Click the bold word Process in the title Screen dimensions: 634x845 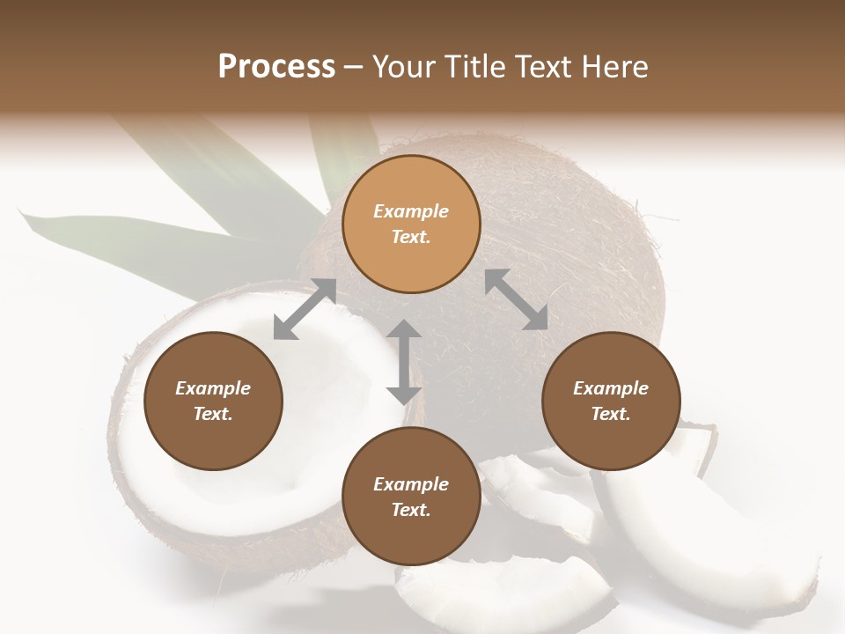click(276, 67)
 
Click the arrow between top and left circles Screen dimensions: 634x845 click(305, 309)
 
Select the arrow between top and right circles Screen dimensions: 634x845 click(516, 299)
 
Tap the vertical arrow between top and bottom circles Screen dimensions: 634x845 click(404, 362)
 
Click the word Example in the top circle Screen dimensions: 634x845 click(411, 211)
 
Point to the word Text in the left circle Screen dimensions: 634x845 click(213, 414)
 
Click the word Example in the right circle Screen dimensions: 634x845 click(611, 388)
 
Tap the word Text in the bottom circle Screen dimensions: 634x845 click(411, 510)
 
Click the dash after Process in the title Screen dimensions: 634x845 click(354, 67)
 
